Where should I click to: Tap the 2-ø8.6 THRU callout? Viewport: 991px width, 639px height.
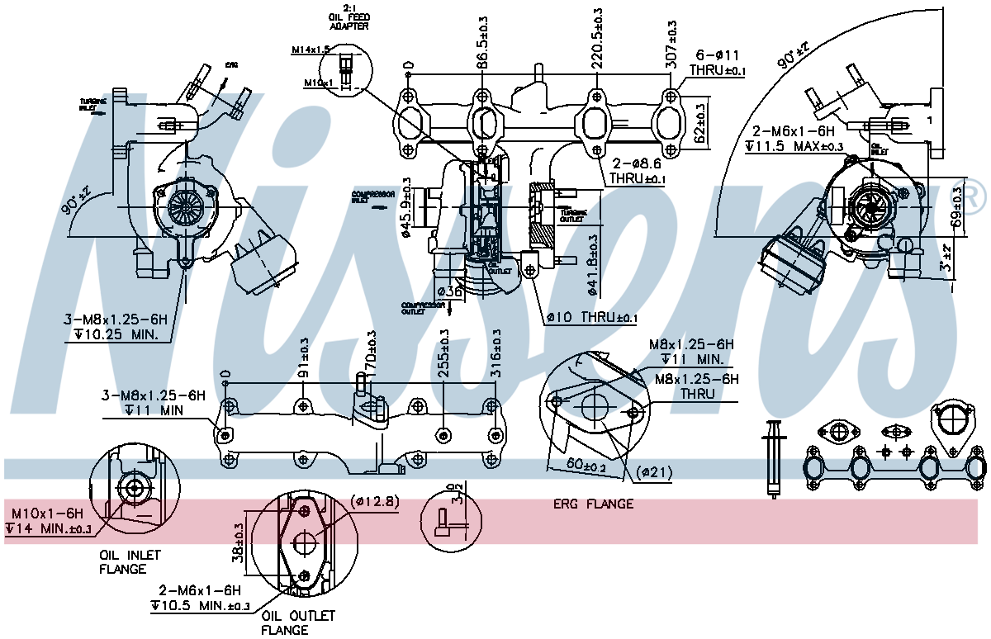637,171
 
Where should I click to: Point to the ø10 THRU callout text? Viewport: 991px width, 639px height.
591,317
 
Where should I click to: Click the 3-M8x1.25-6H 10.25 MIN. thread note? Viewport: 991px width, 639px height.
116,327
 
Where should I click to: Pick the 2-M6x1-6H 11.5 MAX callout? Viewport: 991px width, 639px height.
794,139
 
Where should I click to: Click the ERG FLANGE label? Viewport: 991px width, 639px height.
593,504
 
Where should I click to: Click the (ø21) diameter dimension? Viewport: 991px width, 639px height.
655,472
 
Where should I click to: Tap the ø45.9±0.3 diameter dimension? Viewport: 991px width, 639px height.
406,208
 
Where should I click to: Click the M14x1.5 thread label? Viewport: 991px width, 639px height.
310,50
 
